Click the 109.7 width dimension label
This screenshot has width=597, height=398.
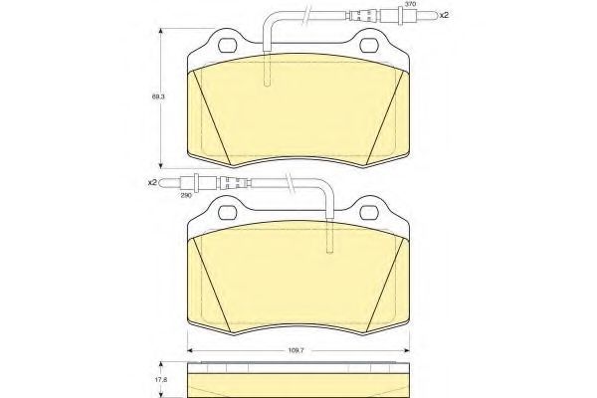point(296,350)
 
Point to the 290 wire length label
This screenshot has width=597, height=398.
point(186,194)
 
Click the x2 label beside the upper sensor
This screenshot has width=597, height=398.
point(445,16)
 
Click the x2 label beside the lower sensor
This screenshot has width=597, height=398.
point(152,183)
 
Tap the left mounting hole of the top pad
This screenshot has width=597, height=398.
point(228,46)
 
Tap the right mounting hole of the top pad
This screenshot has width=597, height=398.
point(370,46)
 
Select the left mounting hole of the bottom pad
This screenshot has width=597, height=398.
point(228,213)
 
